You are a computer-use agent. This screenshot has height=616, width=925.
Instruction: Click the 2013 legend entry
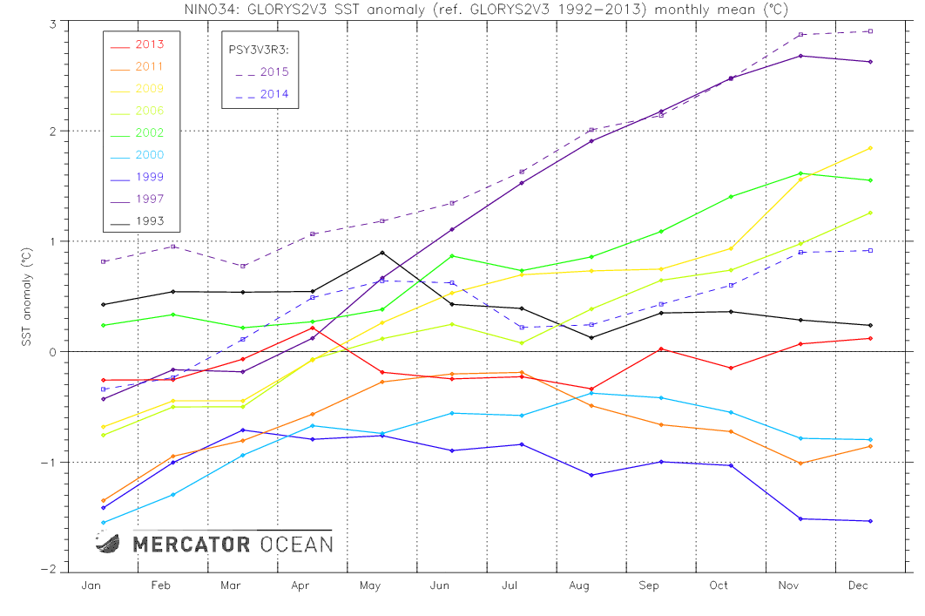[x=149, y=44]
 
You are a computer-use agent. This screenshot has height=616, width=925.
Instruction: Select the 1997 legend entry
[x=149, y=200]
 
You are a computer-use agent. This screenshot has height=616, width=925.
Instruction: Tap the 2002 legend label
[x=149, y=133]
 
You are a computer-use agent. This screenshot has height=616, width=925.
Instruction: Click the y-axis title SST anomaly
[x=27, y=297]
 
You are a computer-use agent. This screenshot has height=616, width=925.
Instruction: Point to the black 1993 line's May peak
[x=382, y=253]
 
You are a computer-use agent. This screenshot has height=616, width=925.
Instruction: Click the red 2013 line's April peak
[x=313, y=328]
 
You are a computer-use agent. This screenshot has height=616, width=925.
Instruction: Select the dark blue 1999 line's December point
[x=870, y=521]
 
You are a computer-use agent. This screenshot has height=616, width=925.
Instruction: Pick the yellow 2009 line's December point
[x=870, y=148]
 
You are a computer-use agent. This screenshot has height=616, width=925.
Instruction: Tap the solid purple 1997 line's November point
[x=800, y=56]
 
